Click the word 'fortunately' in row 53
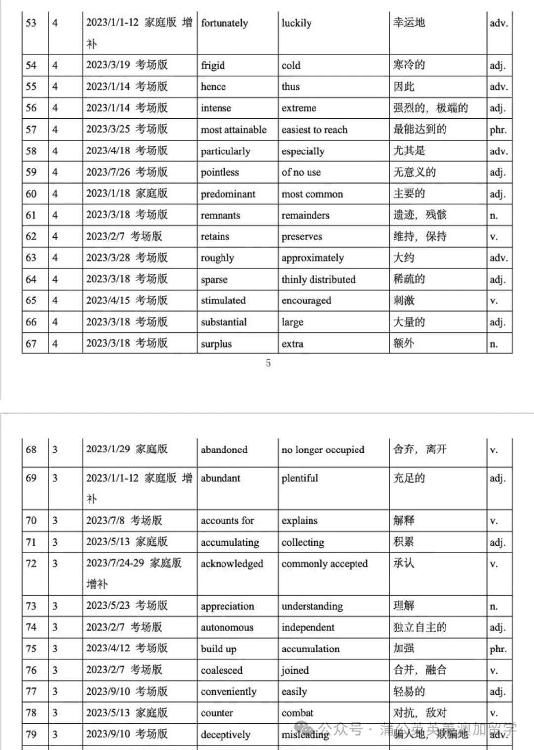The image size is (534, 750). click(x=224, y=23)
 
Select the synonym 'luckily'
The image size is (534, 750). click(x=297, y=23)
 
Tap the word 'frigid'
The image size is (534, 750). click(x=213, y=66)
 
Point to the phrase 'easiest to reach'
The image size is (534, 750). click(x=314, y=130)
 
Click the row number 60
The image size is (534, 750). click(x=31, y=194)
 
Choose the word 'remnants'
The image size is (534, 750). click(x=220, y=215)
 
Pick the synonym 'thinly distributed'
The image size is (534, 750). click(x=318, y=280)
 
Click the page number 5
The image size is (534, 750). click(x=268, y=363)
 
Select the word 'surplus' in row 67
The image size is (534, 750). click(x=216, y=344)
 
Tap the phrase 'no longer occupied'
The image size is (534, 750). click(x=323, y=450)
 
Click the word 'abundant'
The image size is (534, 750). click(x=220, y=478)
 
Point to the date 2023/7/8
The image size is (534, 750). click(x=105, y=520)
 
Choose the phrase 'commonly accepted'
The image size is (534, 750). click(x=325, y=564)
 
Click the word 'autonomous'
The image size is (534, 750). click(x=226, y=628)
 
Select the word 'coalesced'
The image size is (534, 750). click(x=222, y=670)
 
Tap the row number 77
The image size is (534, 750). click(x=31, y=692)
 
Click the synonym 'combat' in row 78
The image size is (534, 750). click(x=298, y=713)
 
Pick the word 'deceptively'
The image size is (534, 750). click(x=225, y=735)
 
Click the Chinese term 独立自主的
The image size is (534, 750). click(x=420, y=627)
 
